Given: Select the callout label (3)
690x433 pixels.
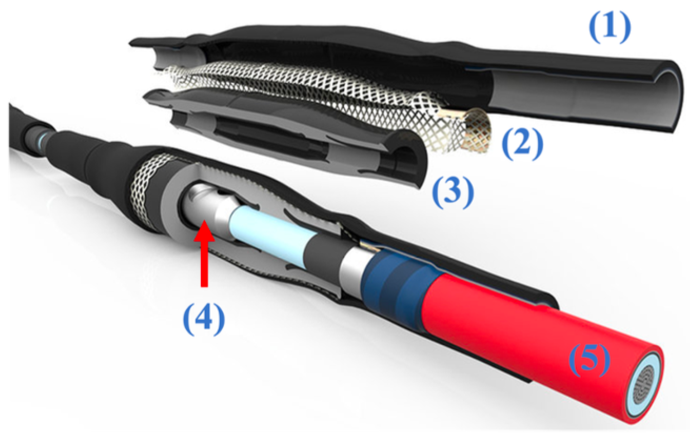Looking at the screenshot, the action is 453,193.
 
